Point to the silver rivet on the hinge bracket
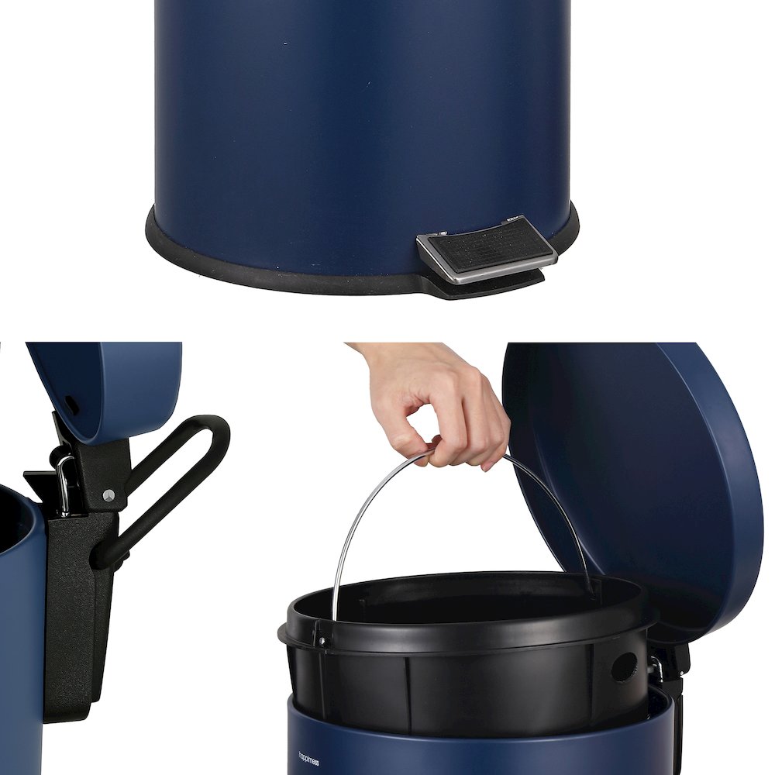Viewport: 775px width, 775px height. (108, 494)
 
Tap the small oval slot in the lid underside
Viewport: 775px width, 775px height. (71, 404)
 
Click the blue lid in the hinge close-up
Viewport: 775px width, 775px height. (116, 380)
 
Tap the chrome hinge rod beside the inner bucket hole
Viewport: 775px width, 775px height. (656, 666)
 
